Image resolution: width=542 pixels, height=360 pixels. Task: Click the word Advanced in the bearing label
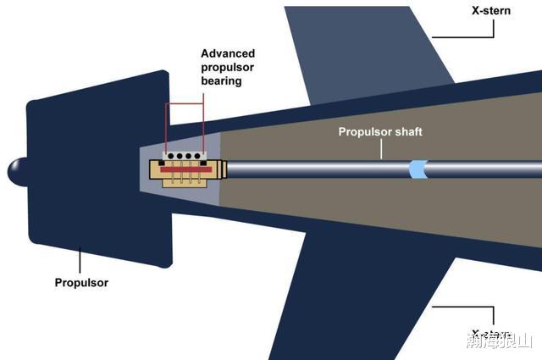pyautogui.click(x=228, y=53)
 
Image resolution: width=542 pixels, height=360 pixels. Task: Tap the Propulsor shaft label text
pyautogui.click(x=379, y=131)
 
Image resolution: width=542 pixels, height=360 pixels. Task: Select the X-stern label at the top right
pyautogui.click(x=492, y=10)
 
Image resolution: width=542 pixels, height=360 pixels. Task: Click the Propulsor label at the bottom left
pyautogui.click(x=80, y=283)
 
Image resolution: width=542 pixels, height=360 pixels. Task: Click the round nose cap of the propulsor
pyautogui.click(x=17, y=172)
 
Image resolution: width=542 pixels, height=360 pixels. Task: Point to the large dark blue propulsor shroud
pyautogui.click(x=93, y=169)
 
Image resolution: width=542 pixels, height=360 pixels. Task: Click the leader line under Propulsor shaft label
pyautogui.click(x=381, y=149)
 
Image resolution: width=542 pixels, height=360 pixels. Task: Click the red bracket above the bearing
pyautogui.click(x=185, y=105)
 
